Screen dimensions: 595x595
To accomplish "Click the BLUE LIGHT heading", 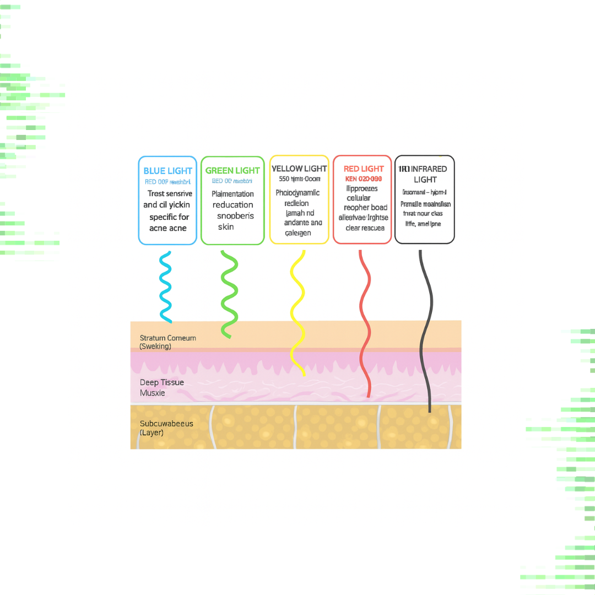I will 167,171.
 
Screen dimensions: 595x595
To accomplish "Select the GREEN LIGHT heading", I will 232,171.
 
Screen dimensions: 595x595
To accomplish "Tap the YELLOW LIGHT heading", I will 299,169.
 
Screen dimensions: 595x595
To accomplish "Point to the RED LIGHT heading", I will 364,169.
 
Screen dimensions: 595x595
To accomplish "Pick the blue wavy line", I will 165,286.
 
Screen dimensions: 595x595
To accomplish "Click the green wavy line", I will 229,292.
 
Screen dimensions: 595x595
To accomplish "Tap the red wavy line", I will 364,325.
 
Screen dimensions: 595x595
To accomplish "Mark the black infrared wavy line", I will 425,331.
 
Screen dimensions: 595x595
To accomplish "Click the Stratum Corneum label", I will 167,338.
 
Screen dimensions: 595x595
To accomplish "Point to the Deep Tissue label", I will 162,382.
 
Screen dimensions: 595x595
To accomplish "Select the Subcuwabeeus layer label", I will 166,424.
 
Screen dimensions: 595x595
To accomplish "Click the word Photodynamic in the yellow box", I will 297,193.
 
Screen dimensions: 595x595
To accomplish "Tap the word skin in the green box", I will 225,226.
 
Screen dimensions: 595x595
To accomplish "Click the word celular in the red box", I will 359,198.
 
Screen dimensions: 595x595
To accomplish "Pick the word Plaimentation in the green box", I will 232,194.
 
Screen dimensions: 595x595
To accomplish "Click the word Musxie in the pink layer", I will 152,393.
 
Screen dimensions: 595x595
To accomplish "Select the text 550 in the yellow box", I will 285,178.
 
